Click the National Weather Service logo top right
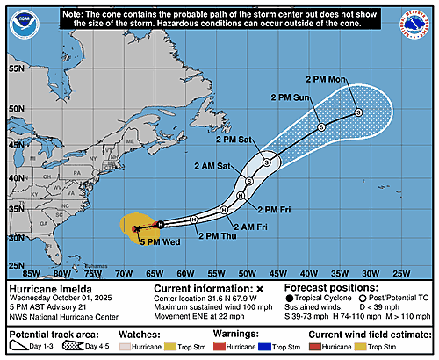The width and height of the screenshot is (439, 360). (x=420, y=19)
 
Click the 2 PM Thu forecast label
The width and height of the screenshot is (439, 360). (x=216, y=235)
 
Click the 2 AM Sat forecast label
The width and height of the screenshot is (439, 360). (x=213, y=165)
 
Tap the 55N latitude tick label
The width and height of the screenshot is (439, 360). (x=15, y=68)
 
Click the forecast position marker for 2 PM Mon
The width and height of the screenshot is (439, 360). (x=358, y=112)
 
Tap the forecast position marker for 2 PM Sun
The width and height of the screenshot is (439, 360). (x=320, y=128)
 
